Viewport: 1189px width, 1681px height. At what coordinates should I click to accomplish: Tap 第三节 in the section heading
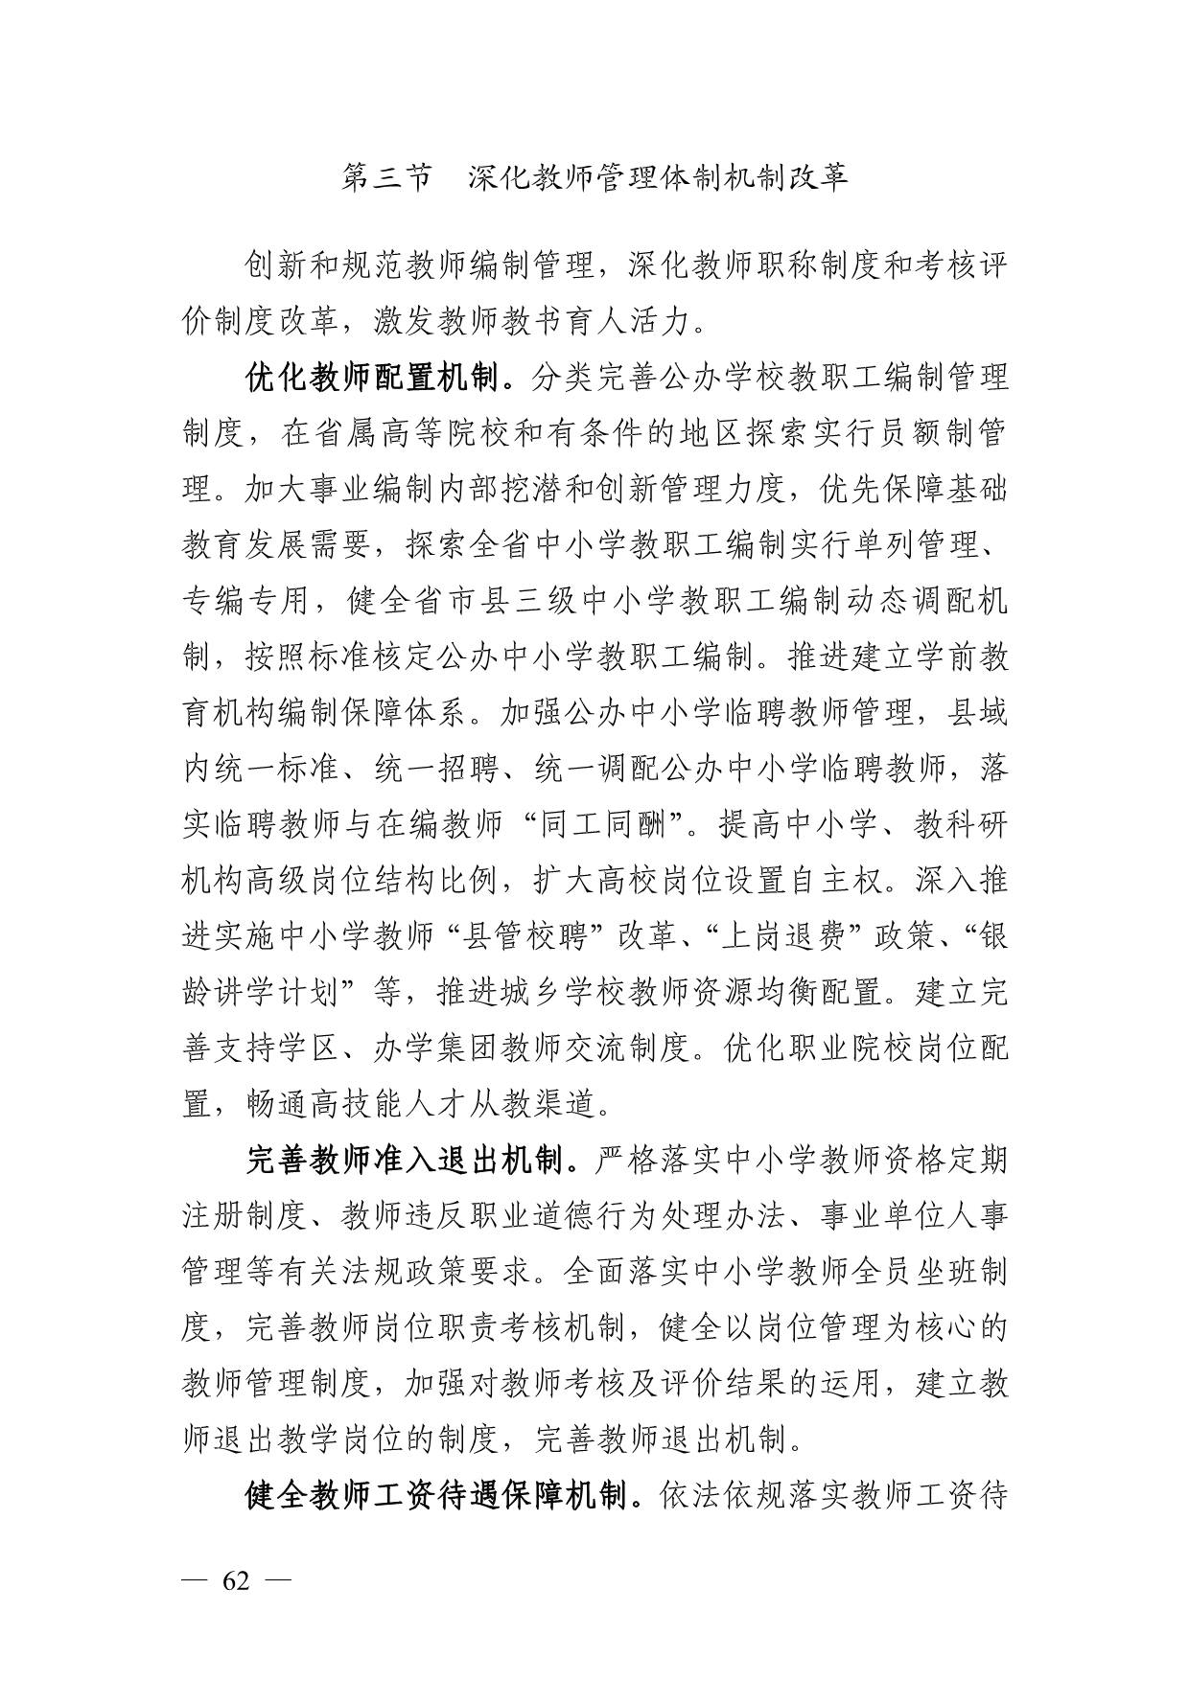pos(386,177)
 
